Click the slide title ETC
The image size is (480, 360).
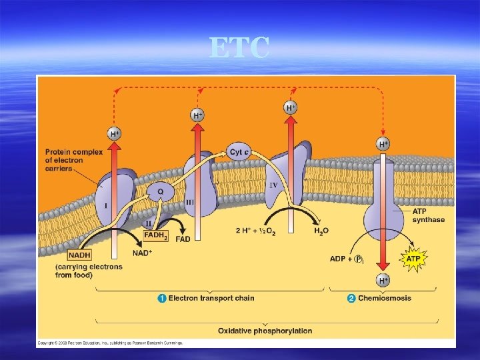239,49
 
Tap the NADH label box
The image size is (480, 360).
79,255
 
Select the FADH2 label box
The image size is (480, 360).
156,235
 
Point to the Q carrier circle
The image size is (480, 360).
160,192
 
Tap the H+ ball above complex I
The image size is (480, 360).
115,134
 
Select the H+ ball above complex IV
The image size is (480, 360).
291,107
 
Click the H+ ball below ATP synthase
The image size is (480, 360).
383,281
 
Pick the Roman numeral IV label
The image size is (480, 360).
273,184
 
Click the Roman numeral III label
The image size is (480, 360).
190,201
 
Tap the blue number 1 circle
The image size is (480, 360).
162,298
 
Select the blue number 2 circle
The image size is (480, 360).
351,298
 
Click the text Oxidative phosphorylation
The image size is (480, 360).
265,331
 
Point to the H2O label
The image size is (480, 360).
321,231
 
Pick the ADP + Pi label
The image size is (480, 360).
346,259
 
